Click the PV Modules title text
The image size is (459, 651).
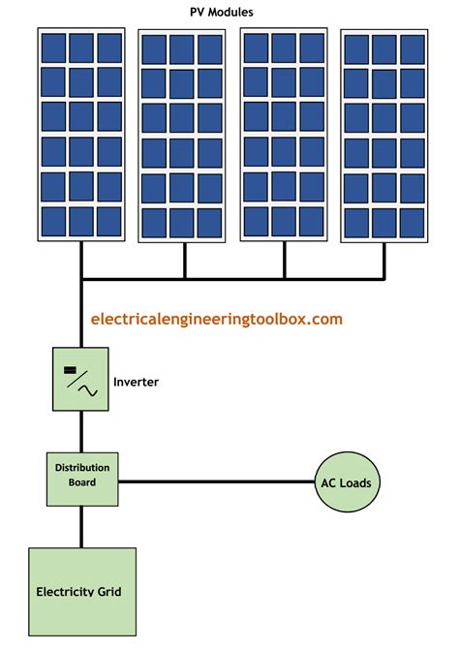[229, 11]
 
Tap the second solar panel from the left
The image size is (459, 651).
[183, 137]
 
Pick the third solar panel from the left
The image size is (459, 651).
[284, 137]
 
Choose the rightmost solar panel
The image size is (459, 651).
[384, 137]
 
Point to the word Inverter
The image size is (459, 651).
[136, 382]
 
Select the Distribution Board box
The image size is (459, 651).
[82, 477]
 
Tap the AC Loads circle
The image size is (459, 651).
[346, 481]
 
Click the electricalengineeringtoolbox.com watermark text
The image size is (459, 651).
[216, 318]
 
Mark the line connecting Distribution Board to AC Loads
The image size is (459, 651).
[215, 481]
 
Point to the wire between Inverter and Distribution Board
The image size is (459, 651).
[81, 429]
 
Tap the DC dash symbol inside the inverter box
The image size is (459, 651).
[70, 369]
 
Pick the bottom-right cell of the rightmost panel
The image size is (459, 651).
[413, 222]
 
